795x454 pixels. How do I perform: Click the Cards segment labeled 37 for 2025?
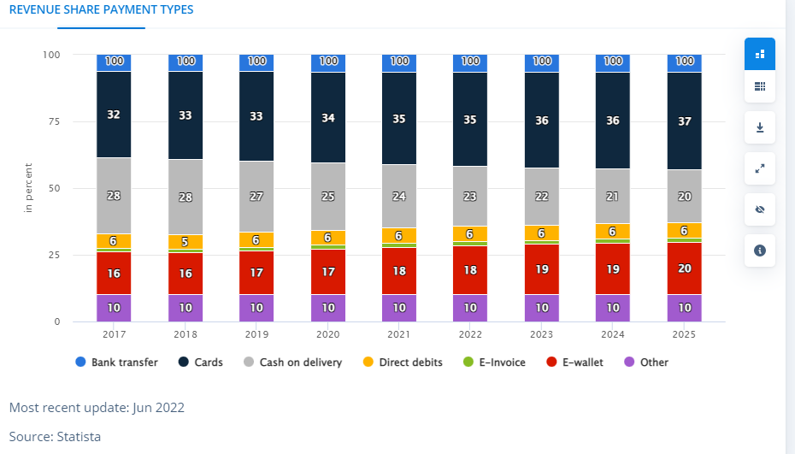685,121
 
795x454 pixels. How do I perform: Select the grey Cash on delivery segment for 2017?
114,196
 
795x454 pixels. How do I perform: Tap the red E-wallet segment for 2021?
399,270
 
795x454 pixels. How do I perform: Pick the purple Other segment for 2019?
256,308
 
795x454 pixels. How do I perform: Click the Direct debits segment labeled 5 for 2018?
185,241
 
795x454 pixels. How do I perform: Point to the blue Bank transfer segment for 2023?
542,62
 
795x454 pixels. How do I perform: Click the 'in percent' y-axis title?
28,187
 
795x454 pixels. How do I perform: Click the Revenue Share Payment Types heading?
101,10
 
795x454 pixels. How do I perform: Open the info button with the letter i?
760,251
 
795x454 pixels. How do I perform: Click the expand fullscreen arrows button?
760,168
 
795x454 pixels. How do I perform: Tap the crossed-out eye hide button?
760,209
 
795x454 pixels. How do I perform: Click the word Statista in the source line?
79,437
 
